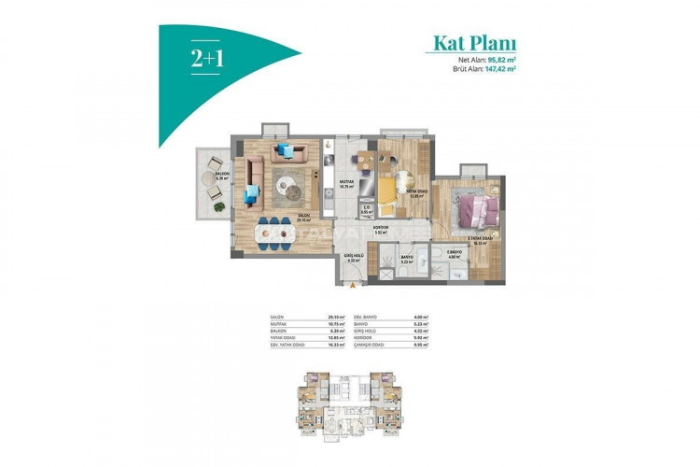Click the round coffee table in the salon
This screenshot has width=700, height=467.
click(290, 189)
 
